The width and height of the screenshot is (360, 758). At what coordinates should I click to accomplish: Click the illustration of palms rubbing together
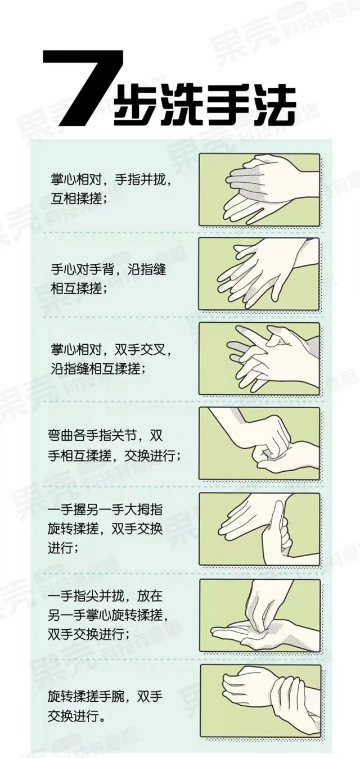coord(259,190)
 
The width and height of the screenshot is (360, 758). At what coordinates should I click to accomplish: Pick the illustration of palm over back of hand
coord(259,274)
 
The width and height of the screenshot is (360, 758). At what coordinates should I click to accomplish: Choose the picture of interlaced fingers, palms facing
coord(259,359)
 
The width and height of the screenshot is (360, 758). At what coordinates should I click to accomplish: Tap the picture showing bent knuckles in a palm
coord(259,444)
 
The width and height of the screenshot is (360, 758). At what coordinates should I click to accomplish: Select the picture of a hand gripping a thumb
coord(259,529)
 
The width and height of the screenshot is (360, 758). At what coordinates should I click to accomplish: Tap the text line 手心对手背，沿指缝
coord(108,270)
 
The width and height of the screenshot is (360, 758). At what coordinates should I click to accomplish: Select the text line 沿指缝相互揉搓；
coord(98,369)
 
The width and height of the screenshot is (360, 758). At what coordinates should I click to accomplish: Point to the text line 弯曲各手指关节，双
coord(105,435)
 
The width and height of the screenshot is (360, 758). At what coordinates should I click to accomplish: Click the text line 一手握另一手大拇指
coord(105,509)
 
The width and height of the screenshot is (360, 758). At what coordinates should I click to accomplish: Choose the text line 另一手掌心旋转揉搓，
coord(108,615)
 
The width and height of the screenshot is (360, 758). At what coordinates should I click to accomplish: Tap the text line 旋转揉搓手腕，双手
coord(105,697)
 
